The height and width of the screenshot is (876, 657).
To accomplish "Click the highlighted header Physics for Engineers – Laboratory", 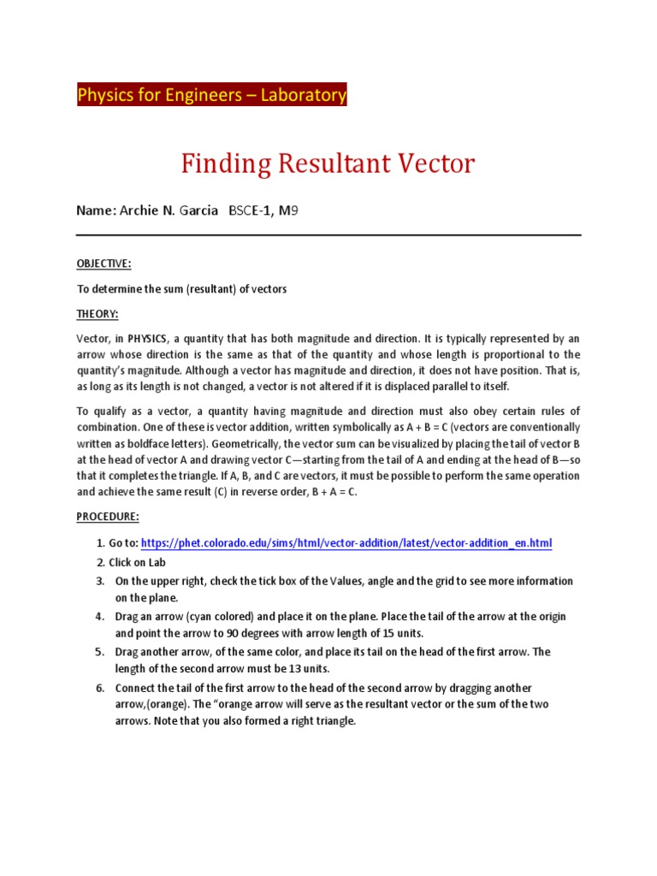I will pyautogui.click(x=211, y=95).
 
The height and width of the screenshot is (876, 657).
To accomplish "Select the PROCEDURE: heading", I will pyautogui.click(x=107, y=518).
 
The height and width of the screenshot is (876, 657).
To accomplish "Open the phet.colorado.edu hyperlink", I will pyautogui.click(x=346, y=543).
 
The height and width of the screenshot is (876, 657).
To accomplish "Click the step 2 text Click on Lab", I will pyautogui.click(x=137, y=562).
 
